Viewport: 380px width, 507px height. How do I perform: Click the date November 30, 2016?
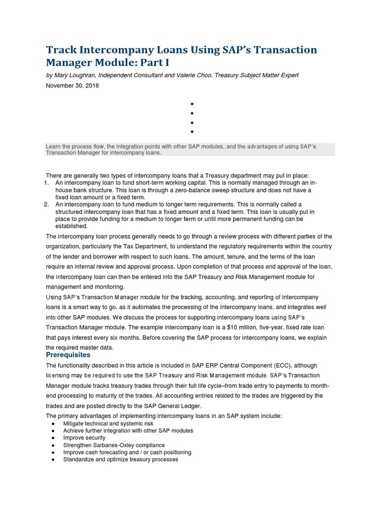coord(72,86)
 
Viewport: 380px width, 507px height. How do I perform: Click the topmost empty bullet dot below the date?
coord(190,104)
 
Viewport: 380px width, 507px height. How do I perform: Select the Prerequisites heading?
coord(68,355)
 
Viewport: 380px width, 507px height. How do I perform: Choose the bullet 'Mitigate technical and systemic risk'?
coord(108,424)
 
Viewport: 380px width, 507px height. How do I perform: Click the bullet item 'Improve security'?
coord(84,438)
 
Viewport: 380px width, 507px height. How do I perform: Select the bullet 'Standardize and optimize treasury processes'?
coord(120,459)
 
